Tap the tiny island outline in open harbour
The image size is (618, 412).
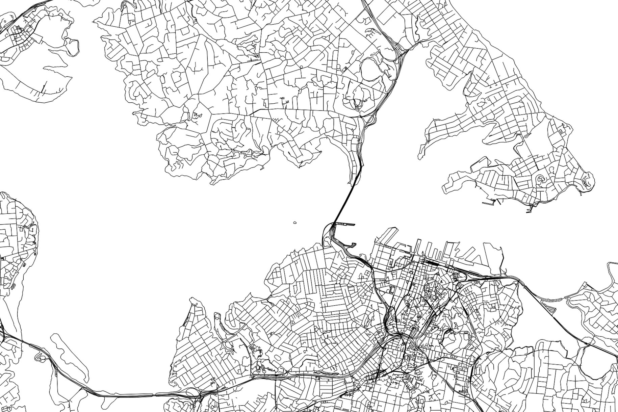pyautogui.click(x=295, y=223)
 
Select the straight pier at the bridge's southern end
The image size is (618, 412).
pyautogui.click(x=344, y=224)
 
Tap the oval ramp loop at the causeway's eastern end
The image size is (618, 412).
pyautogui.click(x=192, y=392)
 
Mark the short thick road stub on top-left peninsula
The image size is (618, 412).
pyautogui.click(x=44, y=87)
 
